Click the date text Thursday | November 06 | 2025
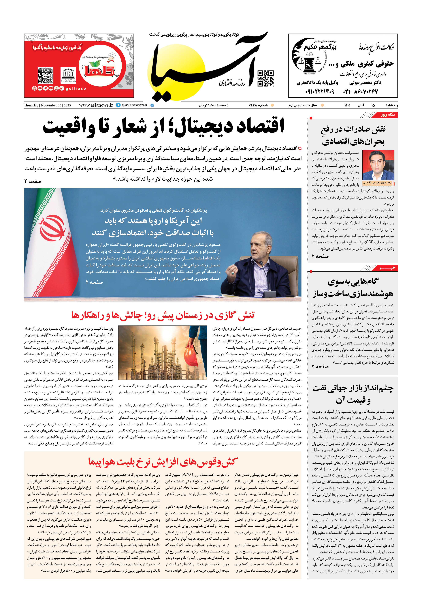(47, 105)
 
